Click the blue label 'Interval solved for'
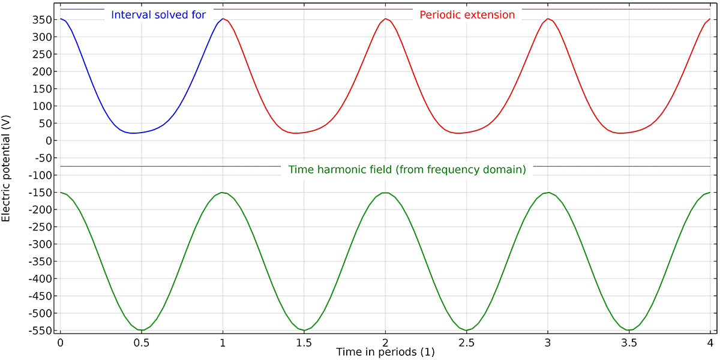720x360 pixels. [x=159, y=15]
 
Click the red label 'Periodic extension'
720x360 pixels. [x=467, y=15]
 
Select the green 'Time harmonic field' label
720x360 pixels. [x=407, y=170]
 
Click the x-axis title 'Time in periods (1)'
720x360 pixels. [x=385, y=352]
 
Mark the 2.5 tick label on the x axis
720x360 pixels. [x=466, y=343]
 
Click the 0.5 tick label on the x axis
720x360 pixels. [x=142, y=343]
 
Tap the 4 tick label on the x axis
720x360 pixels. [x=710, y=343]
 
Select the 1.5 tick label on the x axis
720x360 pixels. [x=304, y=343]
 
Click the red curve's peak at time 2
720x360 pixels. [x=385, y=19]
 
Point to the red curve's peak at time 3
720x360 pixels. [x=547, y=19]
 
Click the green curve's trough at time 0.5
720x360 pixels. [x=142, y=330]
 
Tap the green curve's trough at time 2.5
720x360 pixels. [x=466, y=330]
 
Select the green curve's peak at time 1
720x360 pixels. [x=223, y=193]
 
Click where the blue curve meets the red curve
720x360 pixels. [x=223, y=19]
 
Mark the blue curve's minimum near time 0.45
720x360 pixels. [x=134, y=133]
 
